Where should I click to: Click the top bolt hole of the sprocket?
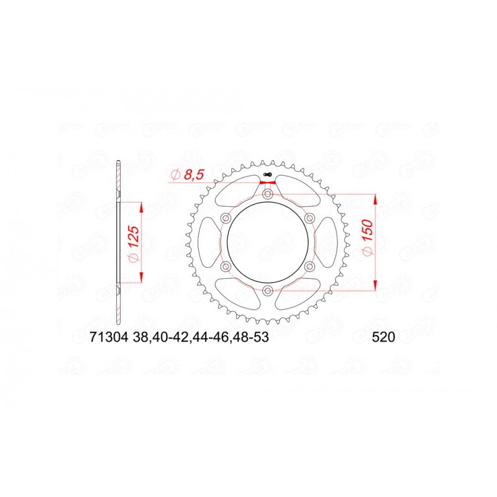click(x=268, y=194)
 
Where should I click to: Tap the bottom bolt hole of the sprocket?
click(x=268, y=291)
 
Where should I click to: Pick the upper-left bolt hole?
click(x=226, y=218)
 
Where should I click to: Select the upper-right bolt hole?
click(x=309, y=218)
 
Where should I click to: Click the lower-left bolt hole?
click(x=226, y=267)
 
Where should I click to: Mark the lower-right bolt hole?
click(x=309, y=267)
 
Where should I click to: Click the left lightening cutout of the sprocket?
click(x=208, y=242)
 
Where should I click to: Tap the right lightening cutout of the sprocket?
click(x=327, y=242)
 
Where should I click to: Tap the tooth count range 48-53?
click(x=252, y=339)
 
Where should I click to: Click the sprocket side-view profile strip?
click(x=119, y=242)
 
